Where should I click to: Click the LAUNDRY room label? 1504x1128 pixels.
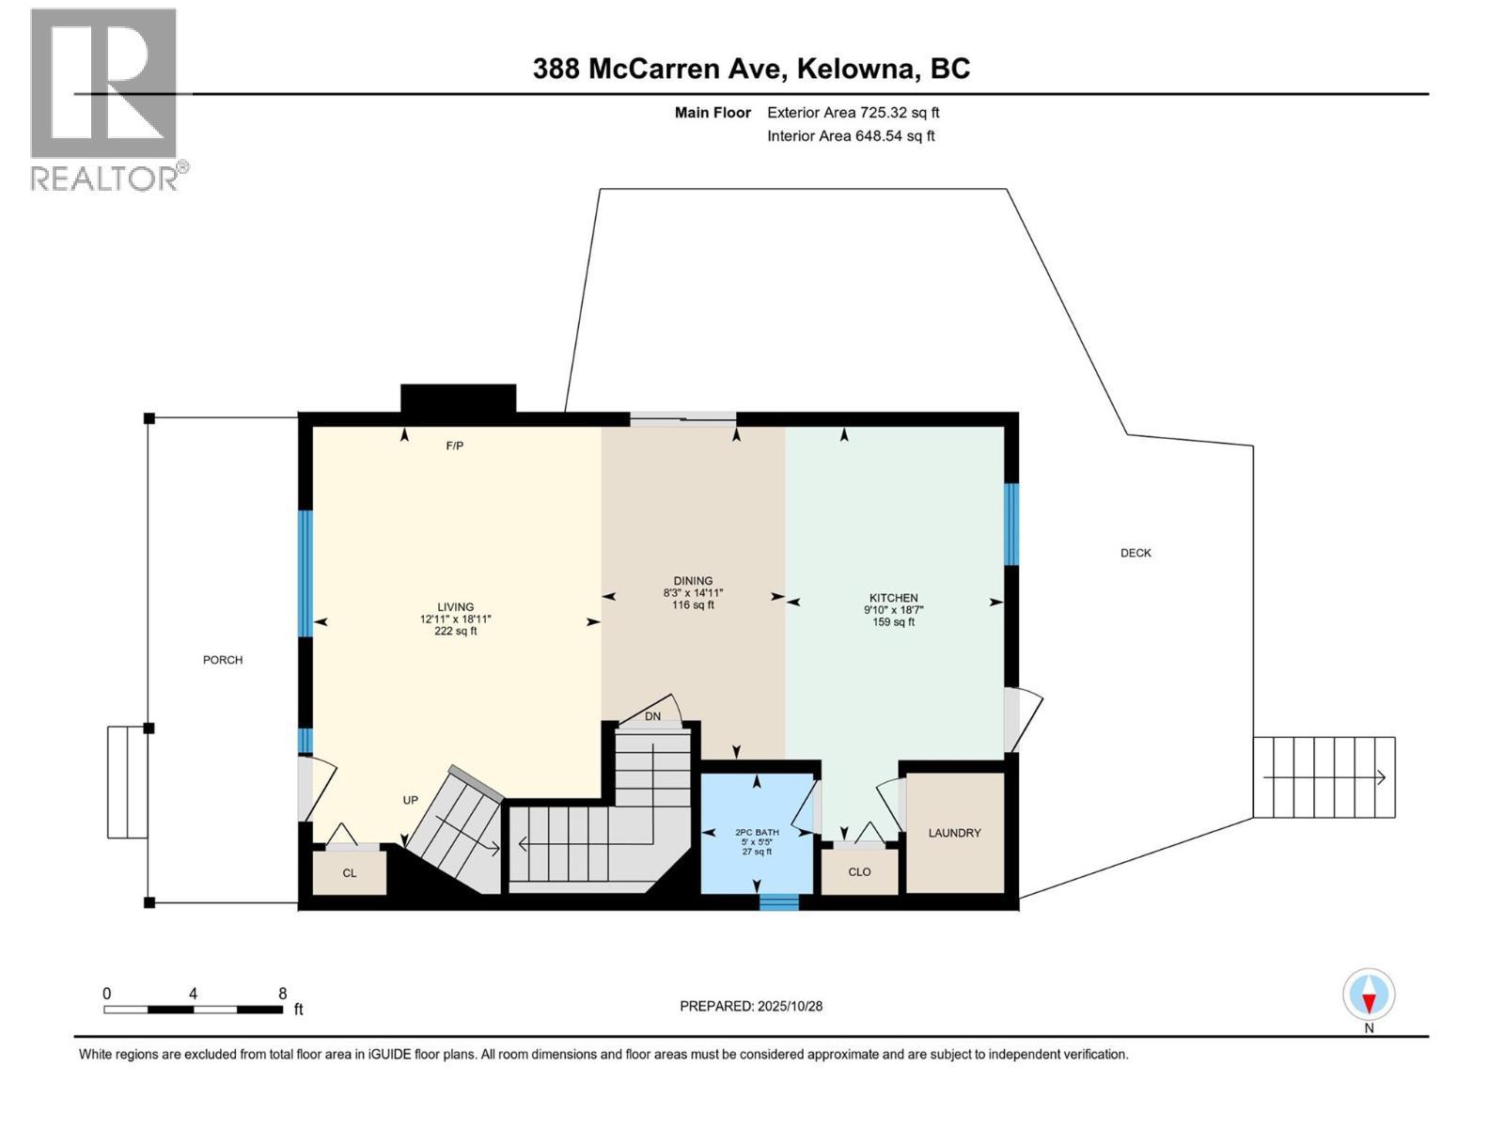(954, 833)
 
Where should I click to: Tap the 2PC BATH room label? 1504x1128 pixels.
(757, 832)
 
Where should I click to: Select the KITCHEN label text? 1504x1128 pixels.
(893, 598)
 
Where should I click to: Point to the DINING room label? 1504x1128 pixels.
(693, 581)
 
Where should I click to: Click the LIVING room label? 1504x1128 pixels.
(455, 607)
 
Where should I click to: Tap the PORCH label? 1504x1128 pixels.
(223, 660)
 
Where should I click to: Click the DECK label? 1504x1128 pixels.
(1136, 553)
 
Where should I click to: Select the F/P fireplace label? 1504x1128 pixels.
(455, 446)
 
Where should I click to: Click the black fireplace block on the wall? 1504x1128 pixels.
(458, 399)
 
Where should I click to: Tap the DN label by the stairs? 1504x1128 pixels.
(652, 716)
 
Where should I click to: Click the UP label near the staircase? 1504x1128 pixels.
(411, 800)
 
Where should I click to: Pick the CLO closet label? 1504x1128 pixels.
(859, 871)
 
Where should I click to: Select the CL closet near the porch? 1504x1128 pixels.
(350, 873)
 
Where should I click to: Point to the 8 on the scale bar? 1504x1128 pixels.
(282, 994)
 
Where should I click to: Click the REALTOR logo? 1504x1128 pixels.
(105, 99)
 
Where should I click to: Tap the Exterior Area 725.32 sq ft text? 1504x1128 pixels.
(853, 113)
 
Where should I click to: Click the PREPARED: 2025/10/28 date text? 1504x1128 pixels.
(751, 1006)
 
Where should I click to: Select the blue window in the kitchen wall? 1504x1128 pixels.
(1011, 524)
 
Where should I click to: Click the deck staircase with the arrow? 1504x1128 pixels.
(1324, 777)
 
